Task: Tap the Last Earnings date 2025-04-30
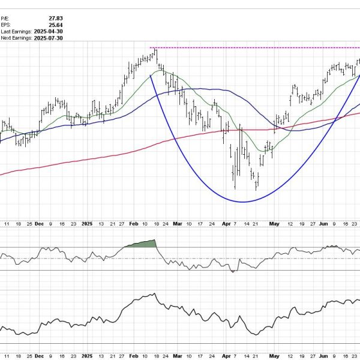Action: coord(49,31)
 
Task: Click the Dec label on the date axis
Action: coord(40,223)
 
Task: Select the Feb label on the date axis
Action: coord(134,223)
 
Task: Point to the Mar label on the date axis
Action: coord(178,223)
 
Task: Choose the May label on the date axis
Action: coord(275,223)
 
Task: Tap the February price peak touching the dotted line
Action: coord(155,51)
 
